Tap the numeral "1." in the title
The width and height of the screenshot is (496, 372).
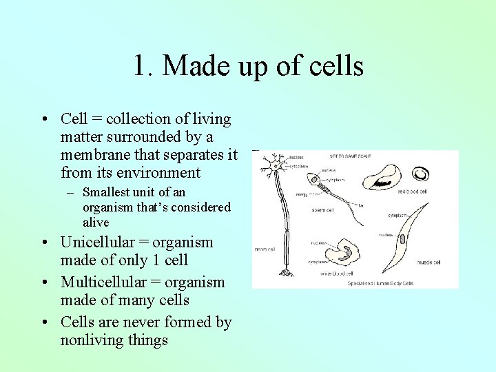[143, 66]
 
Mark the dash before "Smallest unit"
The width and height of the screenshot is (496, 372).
[70, 193]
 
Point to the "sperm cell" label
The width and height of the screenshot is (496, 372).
[323, 209]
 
